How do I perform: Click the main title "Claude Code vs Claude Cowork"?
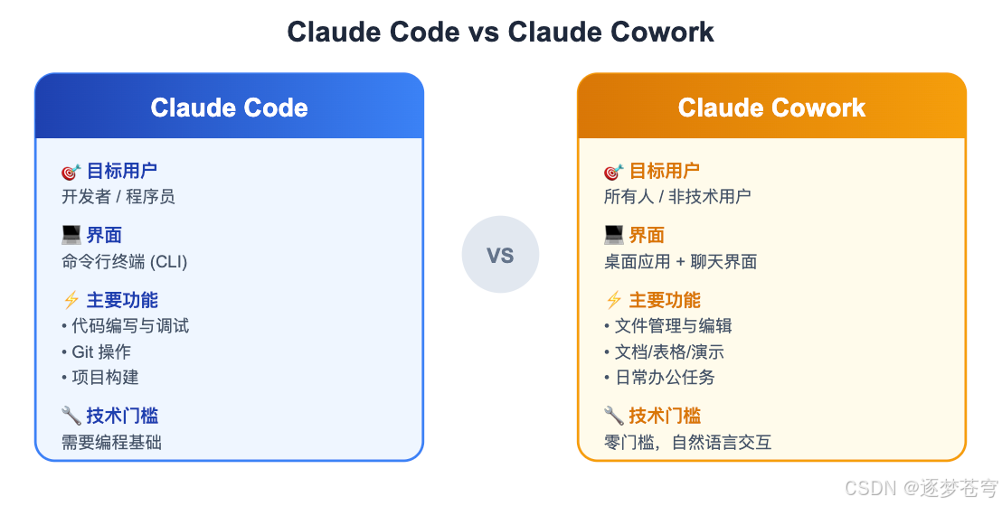tap(500, 32)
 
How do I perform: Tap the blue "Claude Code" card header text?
tap(229, 108)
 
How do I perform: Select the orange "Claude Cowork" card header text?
tap(771, 108)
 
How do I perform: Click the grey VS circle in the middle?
tap(500, 255)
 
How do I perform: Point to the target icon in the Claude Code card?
tap(71, 171)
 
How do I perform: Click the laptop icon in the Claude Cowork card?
tap(613, 236)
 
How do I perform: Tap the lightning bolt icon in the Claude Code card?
tap(71, 301)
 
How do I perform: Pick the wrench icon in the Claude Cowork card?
tap(613, 416)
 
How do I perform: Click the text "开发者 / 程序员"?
tap(118, 196)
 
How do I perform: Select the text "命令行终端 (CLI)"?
tap(124, 262)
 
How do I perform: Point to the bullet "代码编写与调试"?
tap(125, 326)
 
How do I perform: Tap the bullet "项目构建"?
tap(99, 377)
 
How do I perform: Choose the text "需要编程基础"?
tap(111, 442)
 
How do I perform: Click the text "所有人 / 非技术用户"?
tap(676, 196)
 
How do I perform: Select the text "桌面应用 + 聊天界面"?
tap(680, 262)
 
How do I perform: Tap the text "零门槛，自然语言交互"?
tap(687, 442)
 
